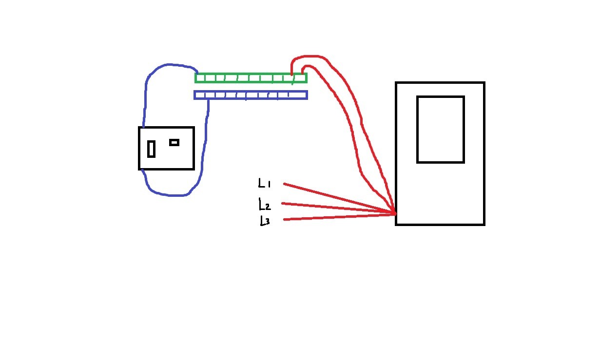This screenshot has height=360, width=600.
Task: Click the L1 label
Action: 264,184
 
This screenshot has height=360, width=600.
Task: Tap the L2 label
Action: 264,204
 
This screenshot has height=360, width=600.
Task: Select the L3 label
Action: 265,221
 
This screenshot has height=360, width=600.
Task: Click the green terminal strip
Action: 251,78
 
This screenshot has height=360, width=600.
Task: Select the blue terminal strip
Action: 251,95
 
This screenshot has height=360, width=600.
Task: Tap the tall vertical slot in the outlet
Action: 152,149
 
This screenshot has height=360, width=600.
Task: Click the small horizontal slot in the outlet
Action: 174,142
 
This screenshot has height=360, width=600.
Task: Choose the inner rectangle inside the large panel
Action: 440,129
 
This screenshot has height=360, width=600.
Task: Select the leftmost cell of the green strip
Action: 200,78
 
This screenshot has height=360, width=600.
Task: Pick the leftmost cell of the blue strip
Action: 199,95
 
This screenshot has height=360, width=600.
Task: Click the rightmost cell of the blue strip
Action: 301,95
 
